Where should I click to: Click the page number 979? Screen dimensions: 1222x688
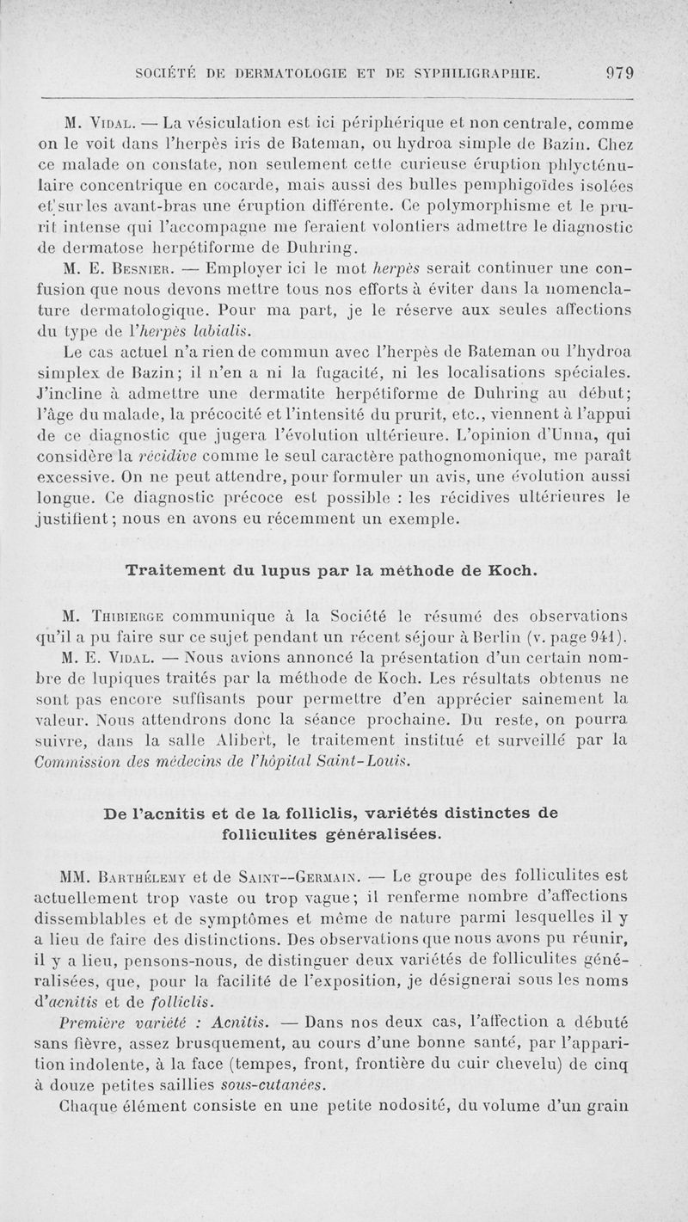coord(618,74)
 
